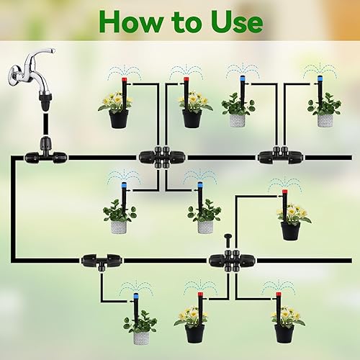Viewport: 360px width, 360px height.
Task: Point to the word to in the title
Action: click(x=182, y=22)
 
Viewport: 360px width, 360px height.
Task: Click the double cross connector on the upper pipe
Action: click(x=158, y=156)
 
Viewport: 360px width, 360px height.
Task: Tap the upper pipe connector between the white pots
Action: click(x=275, y=156)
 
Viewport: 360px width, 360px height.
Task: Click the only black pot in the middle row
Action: click(x=289, y=230)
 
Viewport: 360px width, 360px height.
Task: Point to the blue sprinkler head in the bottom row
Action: click(x=135, y=296)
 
